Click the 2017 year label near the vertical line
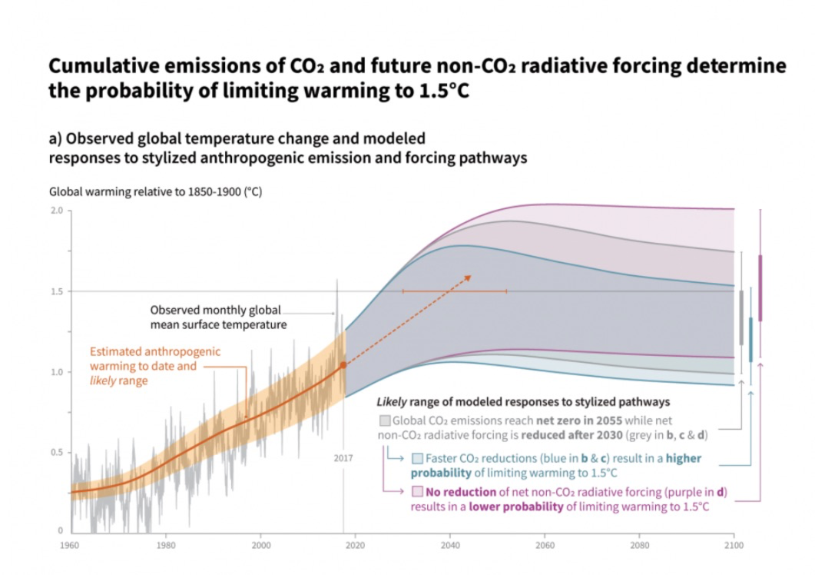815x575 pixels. (x=343, y=458)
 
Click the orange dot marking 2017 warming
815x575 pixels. (x=343, y=365)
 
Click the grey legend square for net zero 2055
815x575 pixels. (x=384, y=420)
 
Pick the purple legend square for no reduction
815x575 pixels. (x=417, y=492)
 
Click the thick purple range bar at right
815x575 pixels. (x=760, y=287)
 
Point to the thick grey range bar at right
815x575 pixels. (x=741, y=317)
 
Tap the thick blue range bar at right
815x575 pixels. (x=750, y=339)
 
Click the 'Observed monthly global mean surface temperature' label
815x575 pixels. (x=217, y=317)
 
